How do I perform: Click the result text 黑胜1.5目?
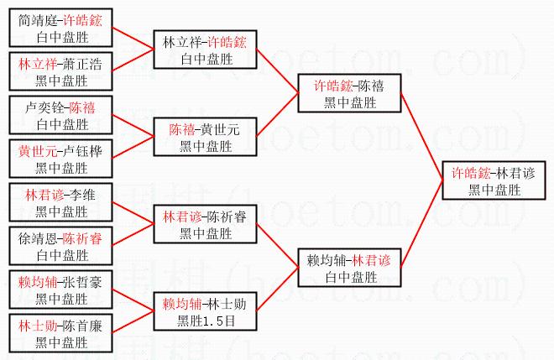(x=205, y=320)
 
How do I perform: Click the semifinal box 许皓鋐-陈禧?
(x=348, y=92)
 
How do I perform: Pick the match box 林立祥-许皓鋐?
(x=205, y=49)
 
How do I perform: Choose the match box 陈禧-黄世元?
(x=205, y=136)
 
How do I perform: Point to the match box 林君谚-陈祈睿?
(x=205, y=223)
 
